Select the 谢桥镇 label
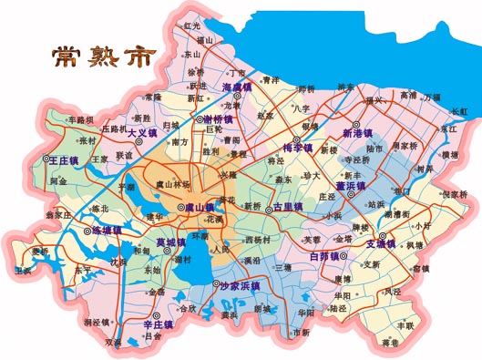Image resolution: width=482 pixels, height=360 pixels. pos(220,119)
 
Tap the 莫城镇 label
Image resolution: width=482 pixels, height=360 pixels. pos(173,242)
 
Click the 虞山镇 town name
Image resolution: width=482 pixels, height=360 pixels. pos(199,208)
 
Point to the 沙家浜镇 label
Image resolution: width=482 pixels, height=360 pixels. pos(241,285)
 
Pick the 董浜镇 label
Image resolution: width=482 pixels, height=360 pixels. pos(350,185)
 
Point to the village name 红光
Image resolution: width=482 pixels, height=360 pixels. pos(191,26)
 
